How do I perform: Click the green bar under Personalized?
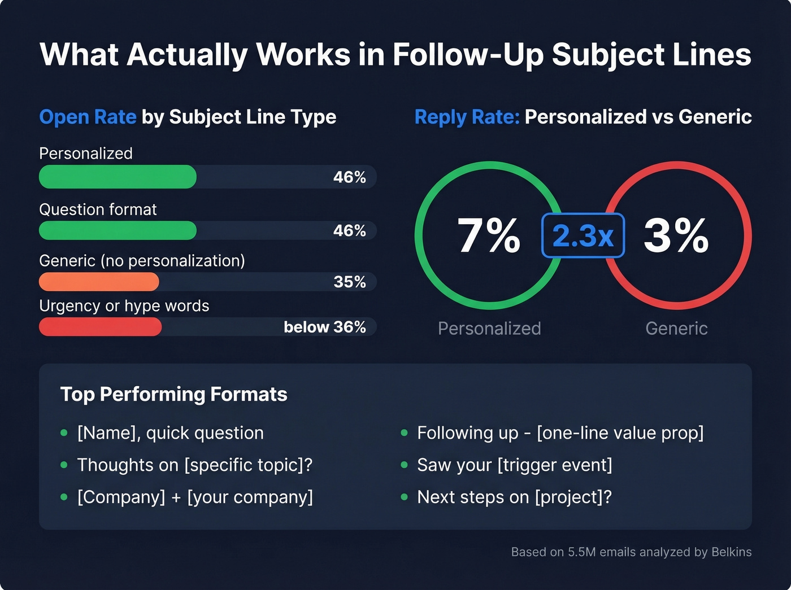click(118, 177)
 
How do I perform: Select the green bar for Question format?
click(118, 230)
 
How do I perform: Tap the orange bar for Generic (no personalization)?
click(99, 282)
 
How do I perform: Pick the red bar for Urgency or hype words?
click(100, 327)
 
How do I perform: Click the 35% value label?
click(350, 282)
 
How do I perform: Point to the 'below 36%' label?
click(325, 327)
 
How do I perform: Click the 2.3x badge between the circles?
click(583, 235)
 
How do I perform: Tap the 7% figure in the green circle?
click(488, 235)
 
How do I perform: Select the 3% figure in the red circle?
click(676, 235)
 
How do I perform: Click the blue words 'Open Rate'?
click(88, 117)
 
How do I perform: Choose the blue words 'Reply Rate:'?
click(467, 117)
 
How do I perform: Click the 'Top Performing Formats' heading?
click(173, 394)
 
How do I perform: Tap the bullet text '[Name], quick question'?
click(170, 433)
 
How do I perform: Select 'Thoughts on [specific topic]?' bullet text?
click(194, 465)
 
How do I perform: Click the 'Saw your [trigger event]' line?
click(514, 465)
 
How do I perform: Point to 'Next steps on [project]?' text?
click(514, 497)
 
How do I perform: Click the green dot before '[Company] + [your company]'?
click(64, 497)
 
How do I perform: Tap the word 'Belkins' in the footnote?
click(731, 552)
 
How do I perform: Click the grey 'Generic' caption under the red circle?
click(676, 328)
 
